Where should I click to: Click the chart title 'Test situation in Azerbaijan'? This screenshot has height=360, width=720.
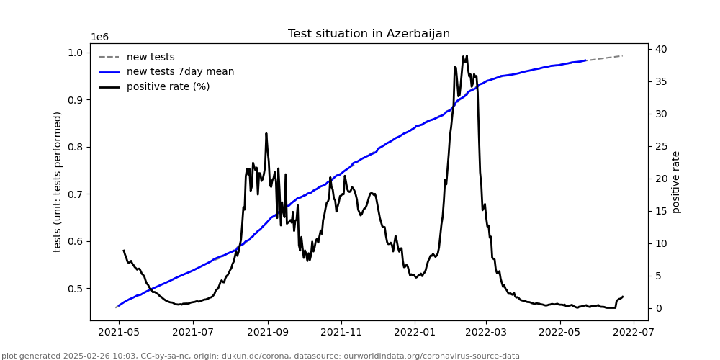pos(369,34)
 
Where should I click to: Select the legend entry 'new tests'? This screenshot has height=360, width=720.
pos(150,58)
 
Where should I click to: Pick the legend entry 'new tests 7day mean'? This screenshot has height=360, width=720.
pos(180,72)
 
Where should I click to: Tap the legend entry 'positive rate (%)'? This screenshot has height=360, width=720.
pos(168,87)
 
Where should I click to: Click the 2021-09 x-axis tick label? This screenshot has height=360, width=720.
pos(268,333)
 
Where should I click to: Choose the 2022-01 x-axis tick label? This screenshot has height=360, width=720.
pos(415,333)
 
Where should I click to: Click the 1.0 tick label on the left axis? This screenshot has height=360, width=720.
pos(76,53)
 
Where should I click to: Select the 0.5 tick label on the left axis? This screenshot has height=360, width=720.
pos(76,289)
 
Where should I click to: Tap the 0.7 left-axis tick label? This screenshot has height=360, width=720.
pos(76,194)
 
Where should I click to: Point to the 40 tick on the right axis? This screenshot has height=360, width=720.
pos(660,49)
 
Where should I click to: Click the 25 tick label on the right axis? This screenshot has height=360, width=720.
pos(660,146)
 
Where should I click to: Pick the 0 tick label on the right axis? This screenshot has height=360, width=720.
pos(657,308)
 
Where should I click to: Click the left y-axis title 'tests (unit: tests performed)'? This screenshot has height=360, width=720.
pos(58,181)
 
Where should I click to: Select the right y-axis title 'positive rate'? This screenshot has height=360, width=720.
pos(676,181)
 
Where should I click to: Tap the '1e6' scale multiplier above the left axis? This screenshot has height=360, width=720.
pos(100,37)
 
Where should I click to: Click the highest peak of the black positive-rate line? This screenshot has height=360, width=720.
pos(467,55)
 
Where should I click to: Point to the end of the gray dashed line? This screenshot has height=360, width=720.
pos(623,55)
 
